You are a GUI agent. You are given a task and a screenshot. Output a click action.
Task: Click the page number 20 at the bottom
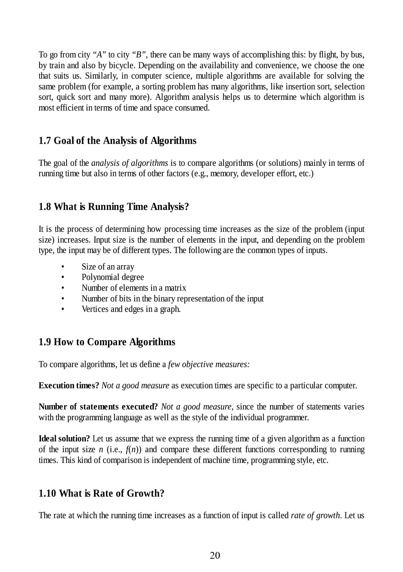click(x=215, y=555)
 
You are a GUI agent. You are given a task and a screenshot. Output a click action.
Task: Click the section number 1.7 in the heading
click(x=45, y=141)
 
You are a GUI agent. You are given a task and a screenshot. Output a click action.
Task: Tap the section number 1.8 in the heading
click(x=45, y=207)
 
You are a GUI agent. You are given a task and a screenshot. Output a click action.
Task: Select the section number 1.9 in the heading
click(x=45, y=342)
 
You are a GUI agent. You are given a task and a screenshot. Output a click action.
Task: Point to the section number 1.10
click(x=47, y=493)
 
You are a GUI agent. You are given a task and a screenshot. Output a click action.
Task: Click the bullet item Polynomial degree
click(x=112, y=277)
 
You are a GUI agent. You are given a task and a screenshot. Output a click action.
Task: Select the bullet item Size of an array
click(x=108, y=267)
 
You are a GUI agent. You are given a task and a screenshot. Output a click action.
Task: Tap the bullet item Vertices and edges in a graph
click(x=131, y=309)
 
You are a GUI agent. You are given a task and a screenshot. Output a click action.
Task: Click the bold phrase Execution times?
click(x=69, y=386)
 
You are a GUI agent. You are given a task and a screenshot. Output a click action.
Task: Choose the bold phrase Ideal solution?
click(x=64, y=439)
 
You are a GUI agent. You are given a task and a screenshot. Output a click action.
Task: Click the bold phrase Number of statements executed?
click(x=98, y=407)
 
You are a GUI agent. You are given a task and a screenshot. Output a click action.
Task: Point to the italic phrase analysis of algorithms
click(x=130, y=163)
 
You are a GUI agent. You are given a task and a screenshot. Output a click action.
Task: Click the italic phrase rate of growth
click(x=315, y=516)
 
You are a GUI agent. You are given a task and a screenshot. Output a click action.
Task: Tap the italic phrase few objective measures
click(x=209, y=365)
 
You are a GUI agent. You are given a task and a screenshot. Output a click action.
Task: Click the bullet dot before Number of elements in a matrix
click(x=63, y=288)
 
